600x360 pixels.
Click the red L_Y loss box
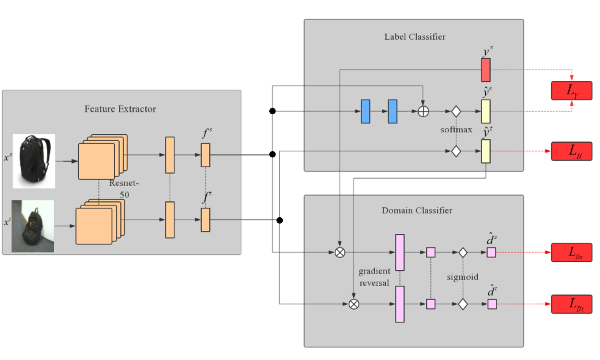click(x=572, y=91)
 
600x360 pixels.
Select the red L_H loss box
click(x=572, y=151)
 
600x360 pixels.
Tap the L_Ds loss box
click(x=572, y=252)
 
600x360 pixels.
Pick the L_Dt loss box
click(x=572, y=304)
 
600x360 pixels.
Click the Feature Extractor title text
click(x=120, y=109)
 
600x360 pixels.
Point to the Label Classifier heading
click(x=415, y=37)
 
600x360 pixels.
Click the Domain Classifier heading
click(x=417, y=210)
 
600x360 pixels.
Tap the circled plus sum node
click(x=423, y=111)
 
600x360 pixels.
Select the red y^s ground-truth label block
click(x=486, y=70)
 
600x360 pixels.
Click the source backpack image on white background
click(x=34, y=161)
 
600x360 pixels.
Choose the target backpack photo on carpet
click(x=33, y=226)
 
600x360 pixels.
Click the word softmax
click(x=456, y=130)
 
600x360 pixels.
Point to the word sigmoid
click(x=463, y=277)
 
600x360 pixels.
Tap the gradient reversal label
click(x=374, y=277)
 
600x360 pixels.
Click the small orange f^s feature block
click(x=205, y=155)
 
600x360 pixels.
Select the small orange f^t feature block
click(x=205, y=220)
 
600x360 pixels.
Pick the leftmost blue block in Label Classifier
click(x=365, y=112)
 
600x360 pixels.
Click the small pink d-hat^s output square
click(x=491, y=252)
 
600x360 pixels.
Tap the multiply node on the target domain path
click(x=354, y=304)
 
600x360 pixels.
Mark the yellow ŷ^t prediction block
click(x=486, y=151)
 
